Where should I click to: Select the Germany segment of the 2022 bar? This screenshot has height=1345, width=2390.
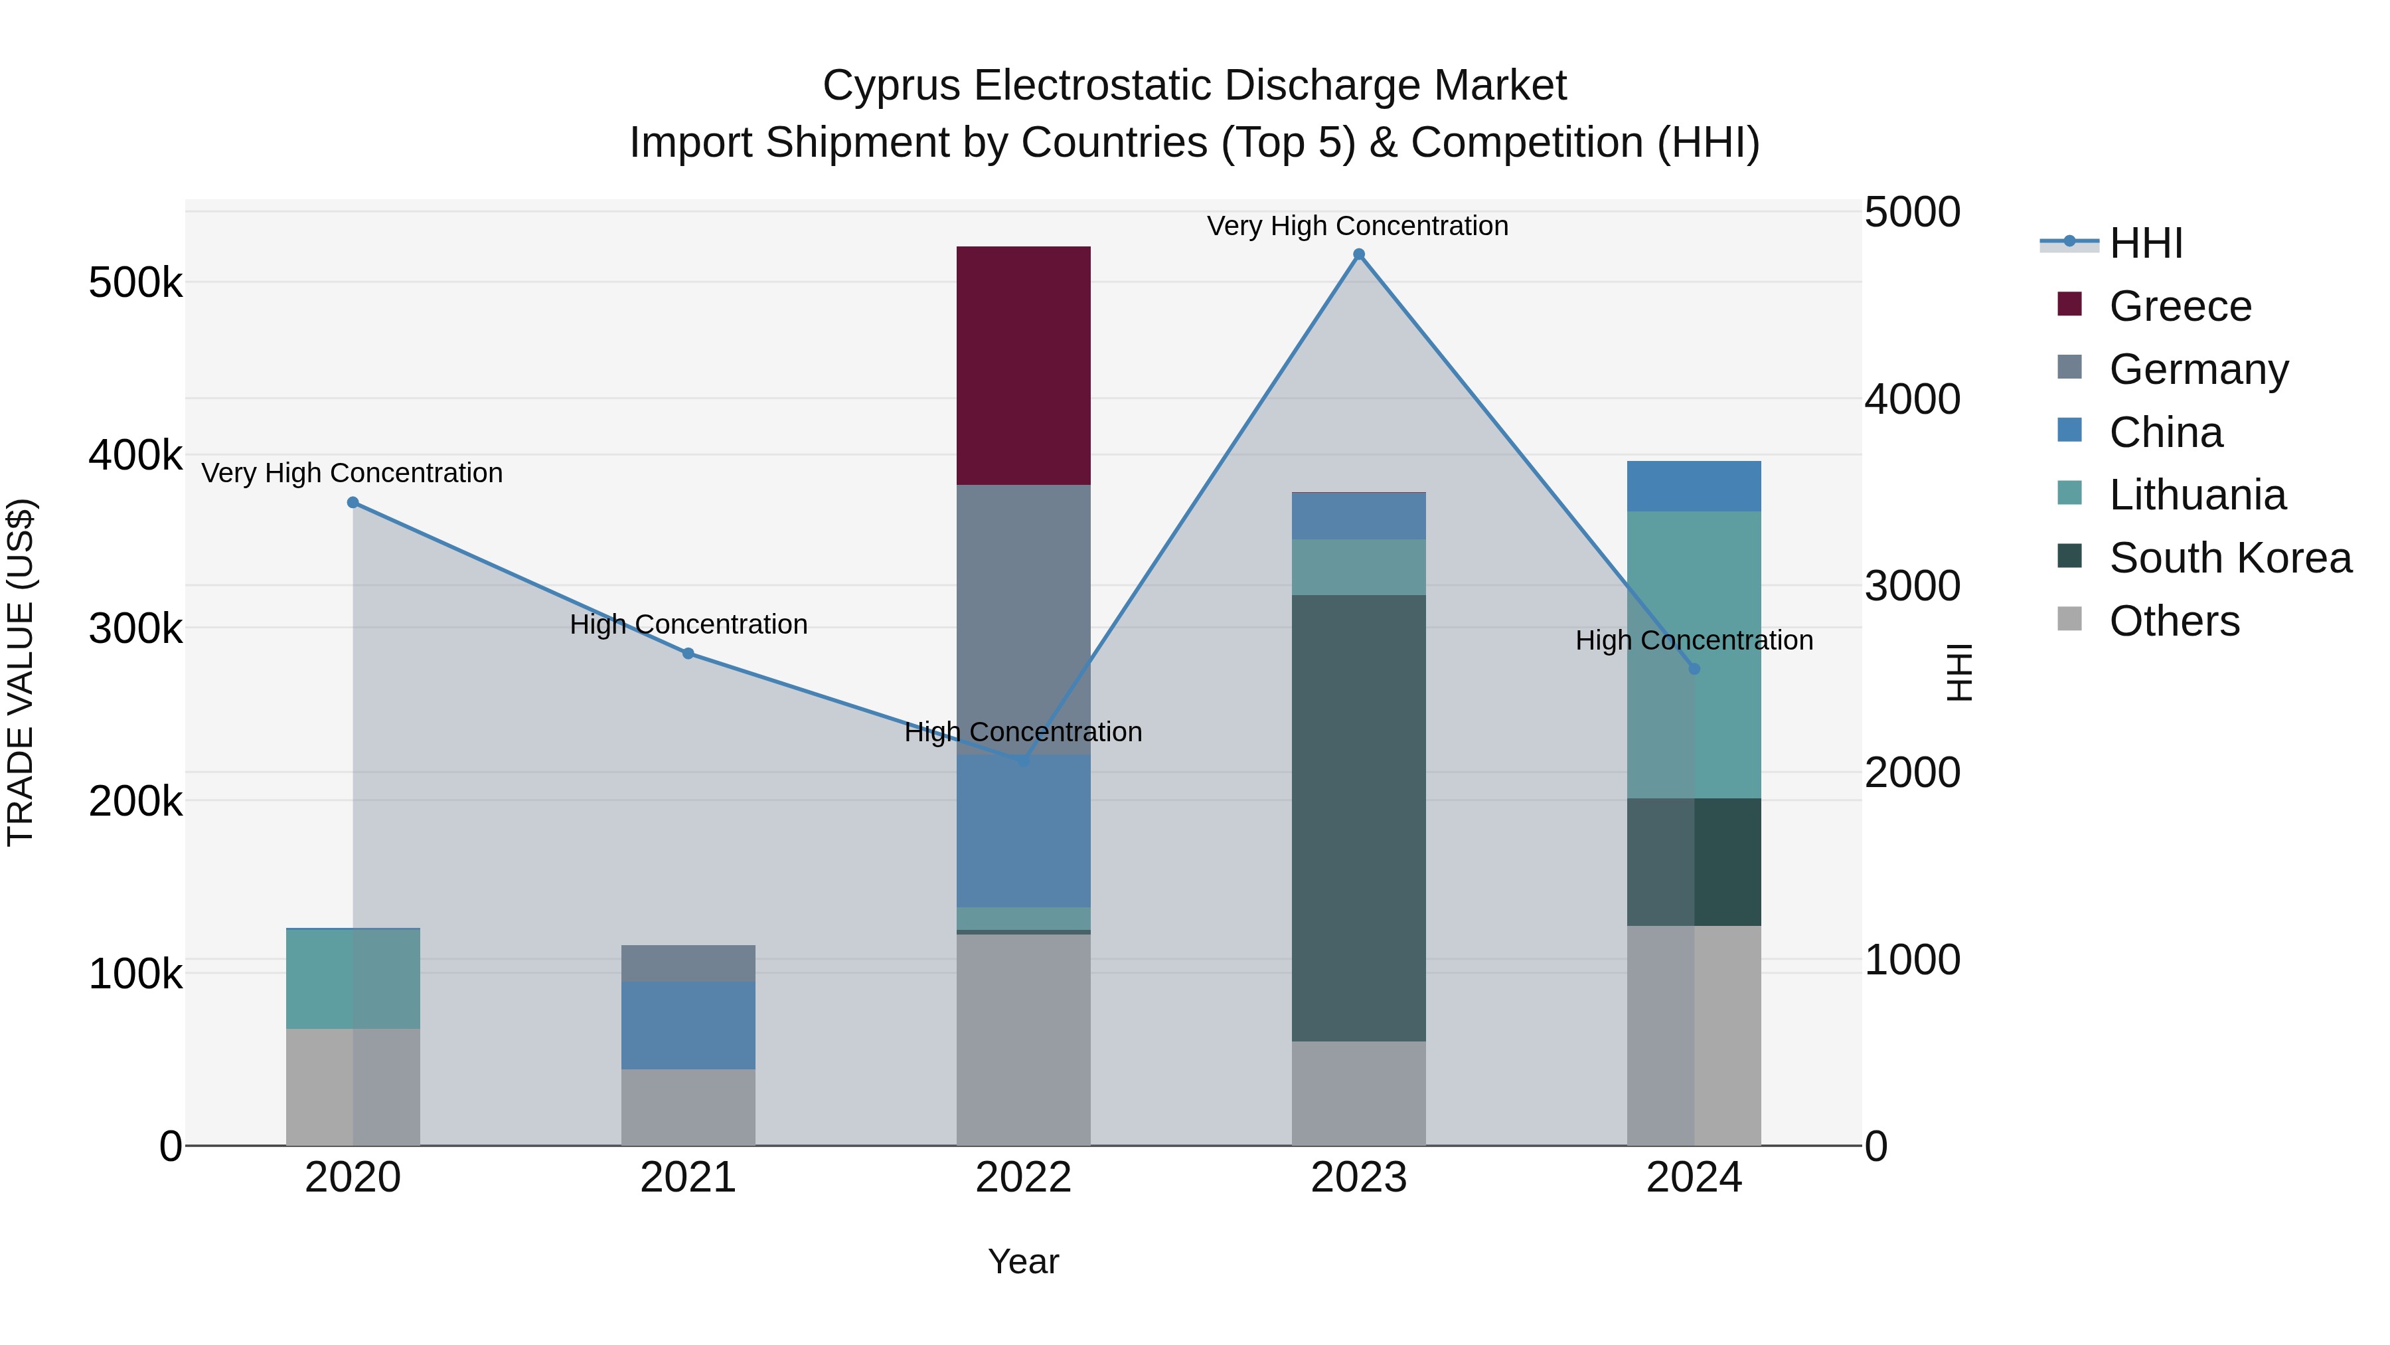pyautogui.click(x=1023, y=619)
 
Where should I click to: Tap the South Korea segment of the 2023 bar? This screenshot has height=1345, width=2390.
pyautogui.click(x=1358, y=818)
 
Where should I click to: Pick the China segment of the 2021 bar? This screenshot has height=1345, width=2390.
pyautogui.click(x=688, y=1026)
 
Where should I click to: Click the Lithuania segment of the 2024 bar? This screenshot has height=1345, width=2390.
pyautogui.click(x=1694, y=654)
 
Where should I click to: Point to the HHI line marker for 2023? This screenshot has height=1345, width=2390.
pyautogui.click(x=1358, y=254)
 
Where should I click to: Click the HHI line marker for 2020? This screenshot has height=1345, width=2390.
pyautogui.click(x=353, y=502)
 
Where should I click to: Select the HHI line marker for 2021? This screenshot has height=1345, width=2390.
pyautogui.click(x=688, y=654)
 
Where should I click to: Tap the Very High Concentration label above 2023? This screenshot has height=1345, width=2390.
pyautogui.click(x=1358, y=226)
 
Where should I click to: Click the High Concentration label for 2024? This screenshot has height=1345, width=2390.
pyautogui.click(x=1694, y=640)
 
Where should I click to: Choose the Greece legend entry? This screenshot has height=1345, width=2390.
pyautogui.click(x=2180, y=306)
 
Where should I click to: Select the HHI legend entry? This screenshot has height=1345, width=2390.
pyautogui.click(x=2145, y=243)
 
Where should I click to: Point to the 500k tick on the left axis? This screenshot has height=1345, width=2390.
pyautogui.click(x=135, y=282)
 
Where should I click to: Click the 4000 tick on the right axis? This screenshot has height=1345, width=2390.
pyautogui.click(x=1912, y=399)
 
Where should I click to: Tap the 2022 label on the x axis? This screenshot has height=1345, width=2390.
pyautogui.click(x=1023, y=1178)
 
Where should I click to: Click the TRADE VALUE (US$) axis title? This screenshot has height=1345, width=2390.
pyautogui.click(x=21, y=672)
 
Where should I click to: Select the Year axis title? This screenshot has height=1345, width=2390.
pyautogui.click(x=1023, y=1261)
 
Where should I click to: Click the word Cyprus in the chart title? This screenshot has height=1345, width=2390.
pyautogui.click(x=892, y=86)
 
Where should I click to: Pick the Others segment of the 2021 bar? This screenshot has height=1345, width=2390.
pyautogui.click(x=688, y=1107)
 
